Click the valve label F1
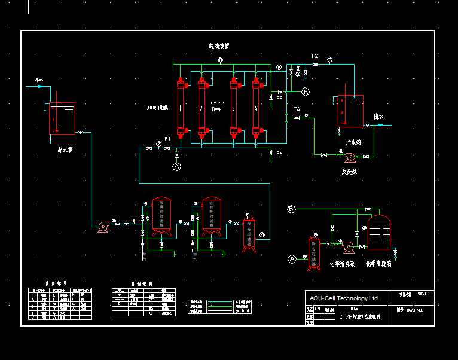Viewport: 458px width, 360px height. [168, 139]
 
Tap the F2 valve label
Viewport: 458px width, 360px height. [315, 56]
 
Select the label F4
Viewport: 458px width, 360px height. [297, 109]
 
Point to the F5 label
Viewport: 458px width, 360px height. [279, 99]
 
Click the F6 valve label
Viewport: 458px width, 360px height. [279, 154]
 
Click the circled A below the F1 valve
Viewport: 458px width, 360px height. [176, 167]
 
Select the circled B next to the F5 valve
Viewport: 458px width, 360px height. [306, 92]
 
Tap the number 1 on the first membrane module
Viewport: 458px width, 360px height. [180, 109]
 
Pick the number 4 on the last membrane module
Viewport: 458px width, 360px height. [256, 109]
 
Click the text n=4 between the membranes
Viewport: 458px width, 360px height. [216, 109]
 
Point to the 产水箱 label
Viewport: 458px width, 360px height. [353, 142]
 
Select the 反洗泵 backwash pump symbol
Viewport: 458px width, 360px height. [349, 157]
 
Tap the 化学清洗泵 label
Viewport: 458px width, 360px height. [343, 263]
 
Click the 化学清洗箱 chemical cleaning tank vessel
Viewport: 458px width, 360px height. [378, 233]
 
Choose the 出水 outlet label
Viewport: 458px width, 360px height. [379, 117]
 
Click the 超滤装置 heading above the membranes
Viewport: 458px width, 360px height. [219, 46]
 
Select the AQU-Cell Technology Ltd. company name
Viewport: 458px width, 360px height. [344, 298]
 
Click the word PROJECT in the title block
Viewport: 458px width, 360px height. [423, 294]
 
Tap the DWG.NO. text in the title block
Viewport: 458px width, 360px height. [415, 310]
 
